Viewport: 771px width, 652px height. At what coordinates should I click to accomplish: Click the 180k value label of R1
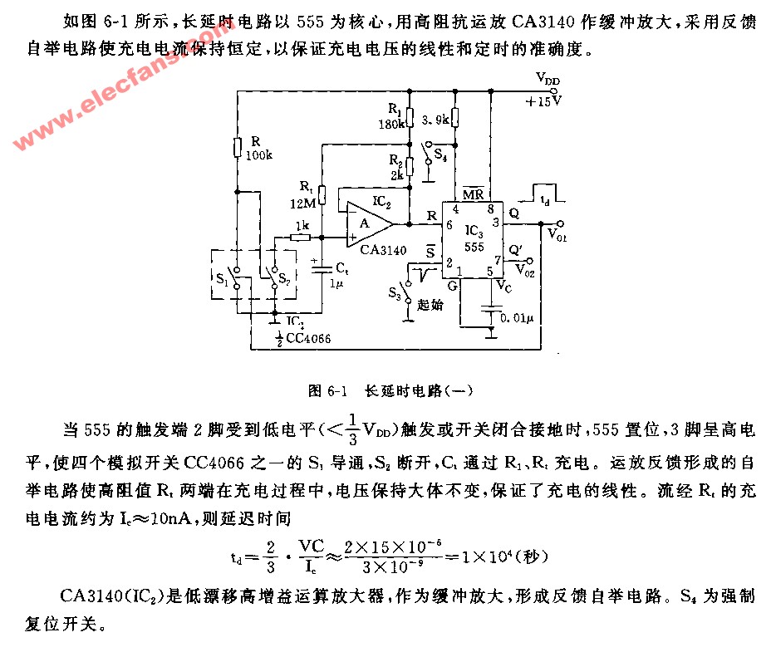(391, 124)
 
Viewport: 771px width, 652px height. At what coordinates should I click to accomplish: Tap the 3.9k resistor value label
(435, 120)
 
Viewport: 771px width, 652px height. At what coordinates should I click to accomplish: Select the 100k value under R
(259, 155)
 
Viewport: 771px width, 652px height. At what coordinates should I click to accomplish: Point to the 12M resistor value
(303, 203)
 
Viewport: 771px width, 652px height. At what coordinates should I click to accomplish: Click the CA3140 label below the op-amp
(384, 250)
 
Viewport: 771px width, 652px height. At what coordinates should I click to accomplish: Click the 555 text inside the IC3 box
(474, 247)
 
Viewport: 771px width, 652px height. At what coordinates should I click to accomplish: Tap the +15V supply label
(543, 102)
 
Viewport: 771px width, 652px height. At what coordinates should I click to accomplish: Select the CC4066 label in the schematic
(308, 338)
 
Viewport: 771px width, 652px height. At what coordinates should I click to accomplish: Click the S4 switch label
(440, 155)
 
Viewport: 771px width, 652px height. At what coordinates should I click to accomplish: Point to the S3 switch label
(395, 293)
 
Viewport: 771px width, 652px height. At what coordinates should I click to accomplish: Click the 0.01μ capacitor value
(517, 318)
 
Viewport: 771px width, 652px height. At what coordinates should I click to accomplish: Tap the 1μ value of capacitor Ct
(336, 284)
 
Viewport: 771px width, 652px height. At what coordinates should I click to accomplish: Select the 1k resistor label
(302, 225)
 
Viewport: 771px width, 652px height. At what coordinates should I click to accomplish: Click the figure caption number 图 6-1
(327, 391)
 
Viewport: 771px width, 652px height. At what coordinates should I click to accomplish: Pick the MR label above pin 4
(473, 194)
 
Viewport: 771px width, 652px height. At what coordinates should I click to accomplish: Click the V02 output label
(524, 270)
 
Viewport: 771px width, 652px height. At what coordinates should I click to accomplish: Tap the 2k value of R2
(397, 174)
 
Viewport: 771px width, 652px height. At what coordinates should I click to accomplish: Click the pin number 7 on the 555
(498, 259)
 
